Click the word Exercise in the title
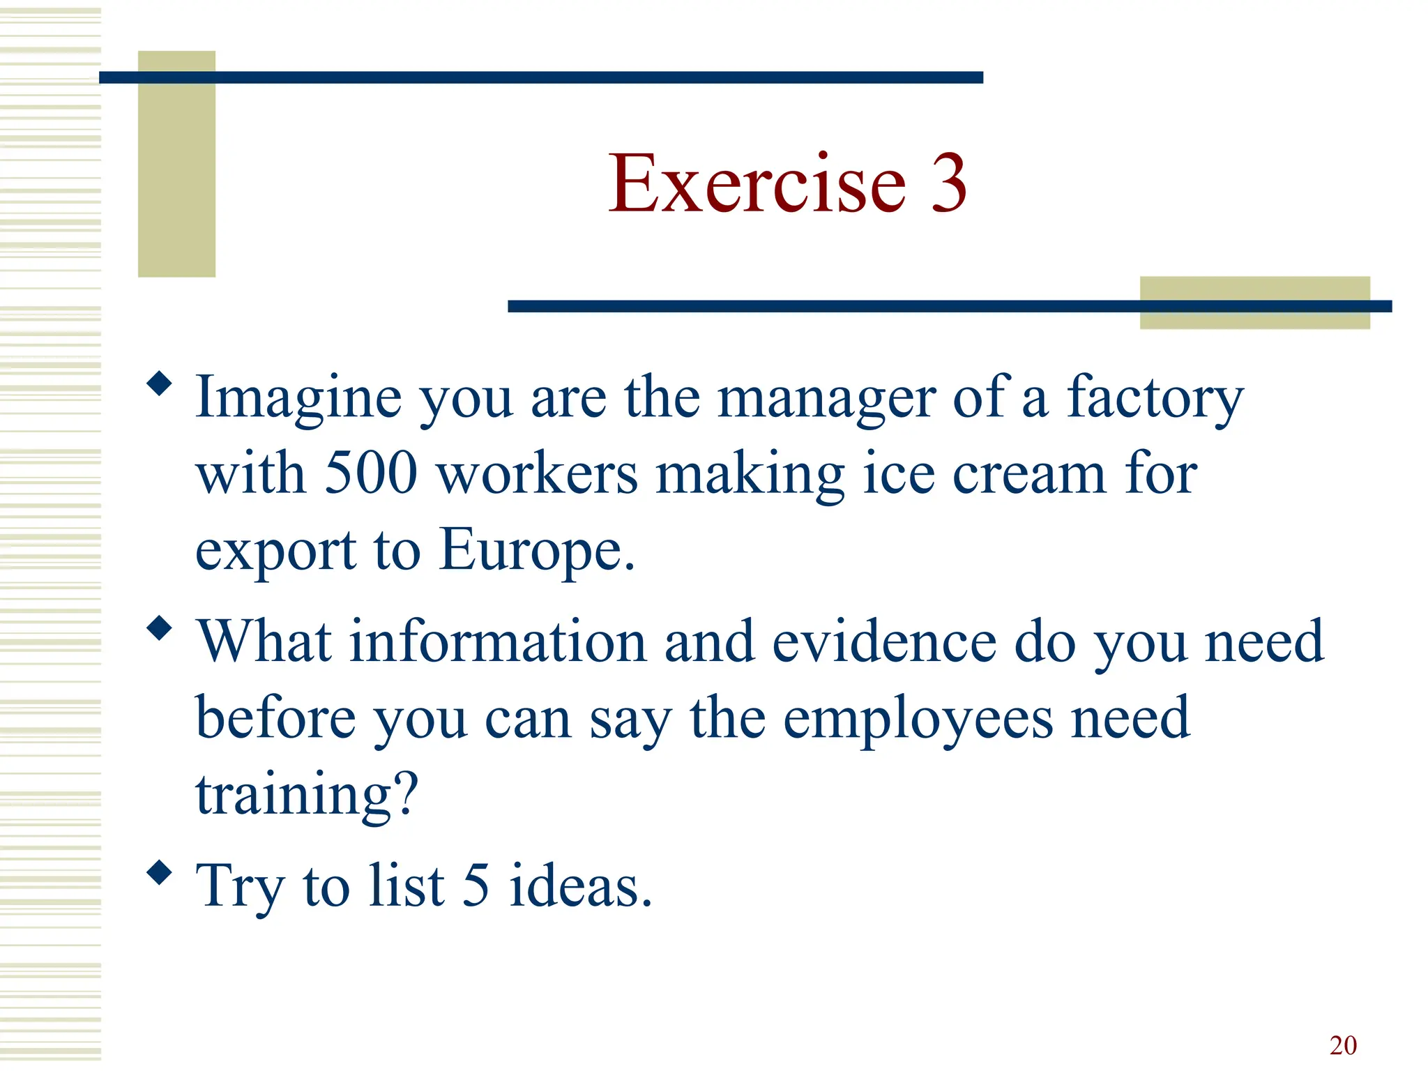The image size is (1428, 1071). click(757, 184)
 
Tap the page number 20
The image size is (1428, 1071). click(1343, 1045)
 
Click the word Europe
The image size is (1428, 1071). click(537, 550)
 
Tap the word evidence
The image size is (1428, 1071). click(884, 641)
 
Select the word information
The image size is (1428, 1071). click(498, 641)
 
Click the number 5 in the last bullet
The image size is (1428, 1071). click(476, 886)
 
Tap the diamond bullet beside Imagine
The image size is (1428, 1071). click(160, 383)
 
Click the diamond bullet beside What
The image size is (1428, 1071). click(160, 628)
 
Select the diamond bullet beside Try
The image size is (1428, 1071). click(160, 872)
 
